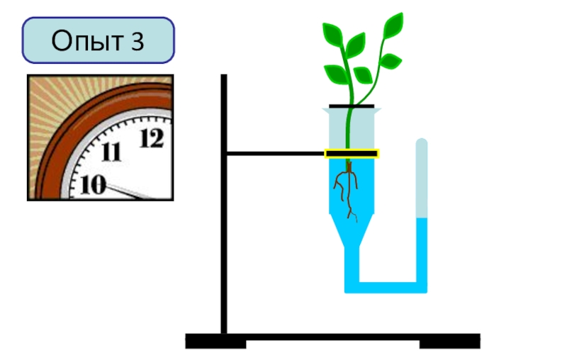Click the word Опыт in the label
[x=86, y=40]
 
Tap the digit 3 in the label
[x=137, y=40]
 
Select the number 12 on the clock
[x=152, y=138]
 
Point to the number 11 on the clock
[x=111, y=152]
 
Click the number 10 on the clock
[x=93, y=184]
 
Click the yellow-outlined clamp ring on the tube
[x=352, y=154]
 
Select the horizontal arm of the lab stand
[x=275, y=154]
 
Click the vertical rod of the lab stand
[x=224, y=204]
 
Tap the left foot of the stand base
[x=216, y=344]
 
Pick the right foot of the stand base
[x=450, y=344]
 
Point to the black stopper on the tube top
[x=352, y=106]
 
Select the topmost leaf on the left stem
[x=332, y=35]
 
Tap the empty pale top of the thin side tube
[x=422, y=178]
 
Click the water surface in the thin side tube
[x=422, y=218]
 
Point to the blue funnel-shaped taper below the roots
[x=351, y=230]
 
